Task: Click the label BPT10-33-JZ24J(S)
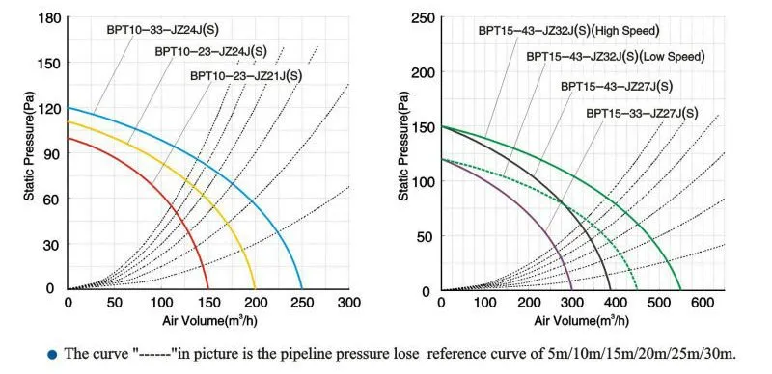pos(161,29)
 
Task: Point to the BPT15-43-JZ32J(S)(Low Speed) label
pos(615,57)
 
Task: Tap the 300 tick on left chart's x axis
pos(348,302)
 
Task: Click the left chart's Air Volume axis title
pos(208,319)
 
